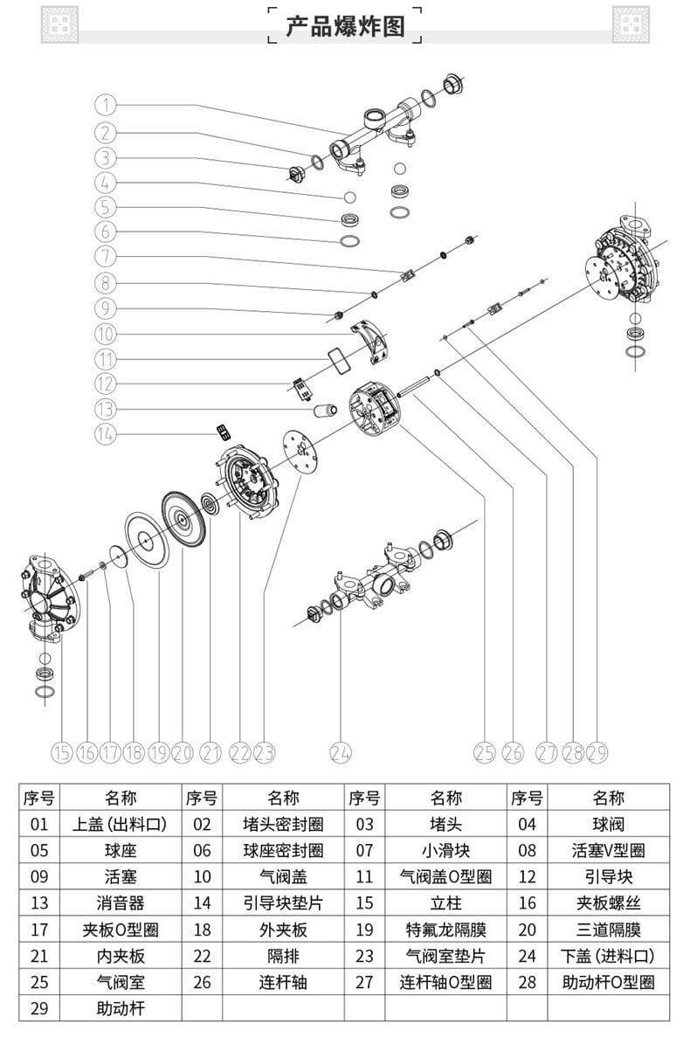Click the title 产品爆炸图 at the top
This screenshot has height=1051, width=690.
[x=345, y=25]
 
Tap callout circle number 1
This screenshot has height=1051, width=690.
[x=105, y=106]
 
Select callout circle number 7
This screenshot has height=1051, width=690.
[x=105, y=257]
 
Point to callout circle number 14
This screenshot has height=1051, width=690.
[x=105, y=434]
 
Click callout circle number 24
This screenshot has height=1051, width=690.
[x=341, y=752]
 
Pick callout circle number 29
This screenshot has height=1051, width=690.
[x=597, y=752]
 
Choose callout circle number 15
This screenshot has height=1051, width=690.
[x=61, y=752]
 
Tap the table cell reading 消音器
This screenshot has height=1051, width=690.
[x=121, y=903]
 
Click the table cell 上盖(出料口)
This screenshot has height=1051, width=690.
[x=121, y=824]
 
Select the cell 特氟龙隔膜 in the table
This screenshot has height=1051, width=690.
[x=445, y=930]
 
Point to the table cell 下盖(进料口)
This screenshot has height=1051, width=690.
[x=610, y=956]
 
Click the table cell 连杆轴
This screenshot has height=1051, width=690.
[x=283, y=982]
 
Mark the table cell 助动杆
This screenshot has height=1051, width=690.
[x=121, y=1009]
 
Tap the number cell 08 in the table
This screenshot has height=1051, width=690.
[x=527, y=850]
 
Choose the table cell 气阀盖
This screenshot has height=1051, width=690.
[x=283, y=876]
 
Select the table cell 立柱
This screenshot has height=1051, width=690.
[x=445, y=903]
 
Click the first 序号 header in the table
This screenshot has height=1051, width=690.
[x=39, y=797]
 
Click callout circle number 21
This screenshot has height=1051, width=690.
[x=210, y=752]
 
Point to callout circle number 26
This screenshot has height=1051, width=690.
[x=513, y=752]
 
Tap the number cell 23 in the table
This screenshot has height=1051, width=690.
[x=364, y=956]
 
